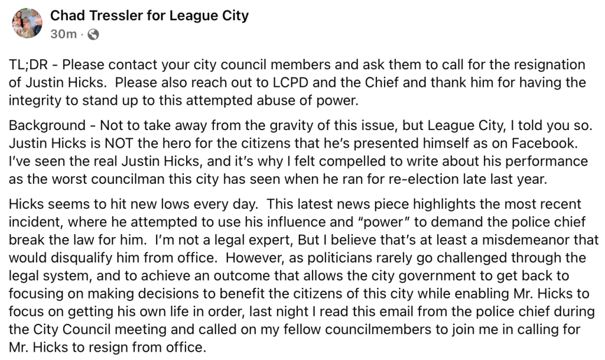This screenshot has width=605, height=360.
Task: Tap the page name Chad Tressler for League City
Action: click(x=149, y=15)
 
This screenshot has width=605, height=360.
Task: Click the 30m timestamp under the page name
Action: click(x=63, y=34)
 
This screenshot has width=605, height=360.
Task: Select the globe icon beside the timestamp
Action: click(x=93, y=34)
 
